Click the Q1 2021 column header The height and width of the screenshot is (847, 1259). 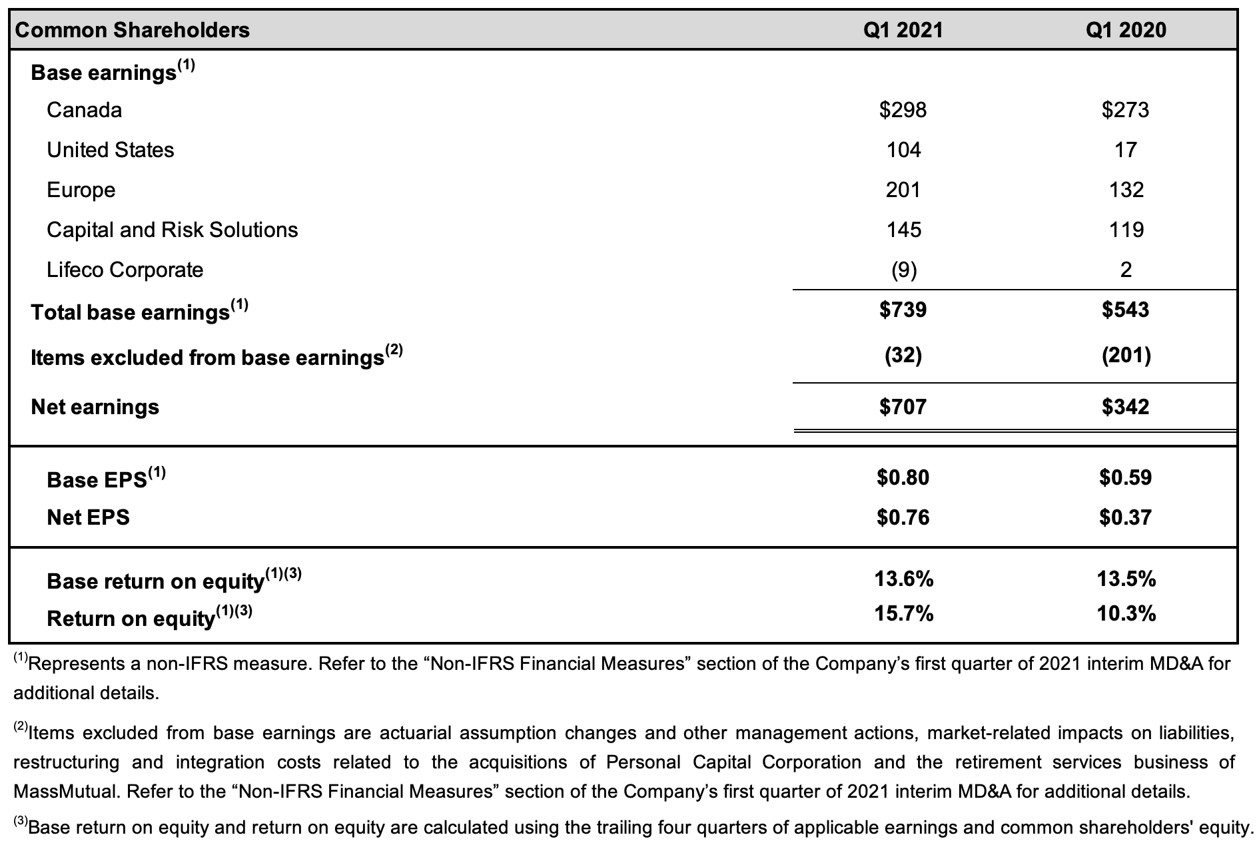pyautogui.click(x=903, y=30)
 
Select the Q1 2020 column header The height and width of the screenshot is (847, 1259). pyautogui.click(x=1126, y=30)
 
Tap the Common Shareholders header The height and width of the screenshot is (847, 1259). pyautogui.click(x=132, y=30)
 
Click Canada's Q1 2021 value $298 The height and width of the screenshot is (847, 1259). pyautogui.click(x=903, y=110)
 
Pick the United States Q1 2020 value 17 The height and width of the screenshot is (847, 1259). pyautogui.click(x=1126, y=150)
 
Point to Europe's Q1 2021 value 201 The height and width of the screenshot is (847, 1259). pyautogui.click(x=903, y=190)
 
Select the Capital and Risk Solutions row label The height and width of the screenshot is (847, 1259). pyautogui.click(x=173, y=230)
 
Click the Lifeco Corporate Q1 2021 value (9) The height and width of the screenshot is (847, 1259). pyautogui.click(x=903, y=270)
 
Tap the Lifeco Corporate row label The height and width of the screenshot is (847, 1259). pyautogui.click(x=125, y=270)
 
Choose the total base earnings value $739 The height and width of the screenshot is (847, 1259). pyautogui.click(x=903, y=310)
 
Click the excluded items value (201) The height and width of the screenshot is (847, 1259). pyautogui.click(x=1126, y=356)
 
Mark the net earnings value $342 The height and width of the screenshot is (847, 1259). pyautogui.click(x=1126, y=407)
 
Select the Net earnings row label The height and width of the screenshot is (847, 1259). pyautogui.click(x=95, y=407)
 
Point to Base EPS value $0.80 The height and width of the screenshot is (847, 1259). pyautogui.click(x=903, y=477)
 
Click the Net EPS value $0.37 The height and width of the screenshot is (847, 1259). pyautogui.click(x=1126, y=517)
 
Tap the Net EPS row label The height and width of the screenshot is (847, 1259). pyautogui.click(x=89, y=517)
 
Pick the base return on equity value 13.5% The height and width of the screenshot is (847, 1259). pyautogui.click(x=1126, y=579)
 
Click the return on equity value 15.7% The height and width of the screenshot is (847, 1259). pyautogui.click(x=904, y=614)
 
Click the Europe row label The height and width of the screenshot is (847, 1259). pyautogui.click(x=81, y=190)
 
